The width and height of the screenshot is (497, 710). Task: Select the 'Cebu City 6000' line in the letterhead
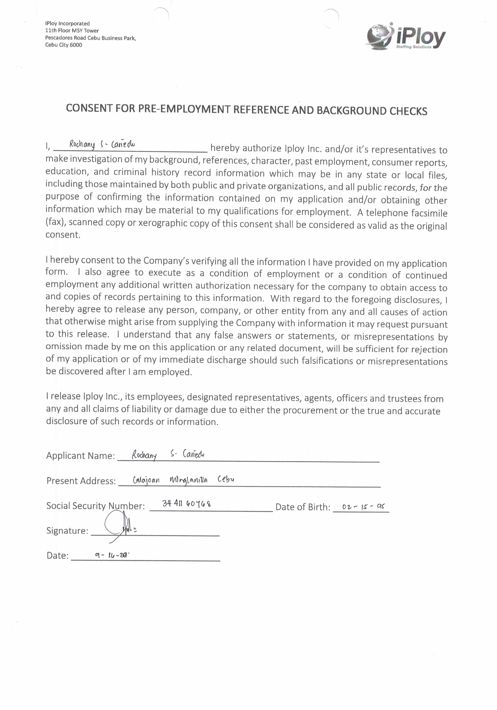[64, 45]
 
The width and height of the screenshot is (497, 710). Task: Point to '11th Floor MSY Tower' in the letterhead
[72, 31]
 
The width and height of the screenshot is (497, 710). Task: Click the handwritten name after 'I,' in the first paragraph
[102, 144]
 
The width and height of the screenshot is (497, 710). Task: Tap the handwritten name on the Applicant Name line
[168, 454]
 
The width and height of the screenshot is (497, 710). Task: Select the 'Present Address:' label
[81, 481]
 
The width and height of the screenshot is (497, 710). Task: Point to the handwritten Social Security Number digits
[187, 504]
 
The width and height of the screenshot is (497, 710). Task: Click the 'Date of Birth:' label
[303, 507]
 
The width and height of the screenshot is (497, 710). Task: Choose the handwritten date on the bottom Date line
[112, 555]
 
